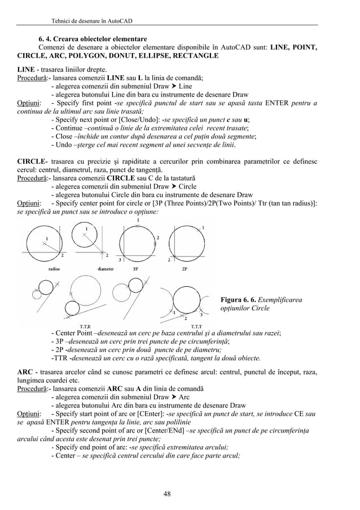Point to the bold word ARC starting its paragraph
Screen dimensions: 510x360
pyautogui.click(x=24, y=372)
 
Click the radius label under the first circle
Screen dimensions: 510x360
pyautogui.click(x=55, y=269)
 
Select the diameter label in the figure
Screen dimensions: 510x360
pyautogui.click(x=106, y=269)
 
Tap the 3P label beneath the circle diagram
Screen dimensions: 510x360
pyautogui.click(x=135, y=269)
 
